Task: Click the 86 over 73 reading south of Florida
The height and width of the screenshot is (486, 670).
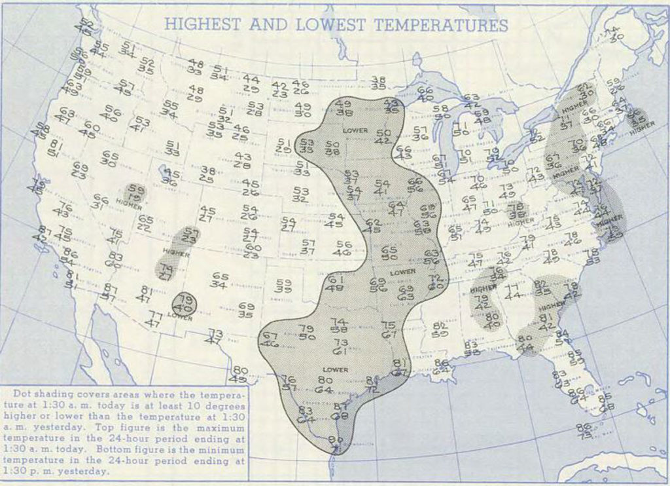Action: [584, 430]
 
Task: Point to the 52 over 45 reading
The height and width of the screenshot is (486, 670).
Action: [84, 27]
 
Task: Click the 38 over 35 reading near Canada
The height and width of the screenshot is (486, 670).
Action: [378, 83]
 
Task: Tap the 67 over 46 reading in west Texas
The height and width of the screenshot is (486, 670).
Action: [270, 339]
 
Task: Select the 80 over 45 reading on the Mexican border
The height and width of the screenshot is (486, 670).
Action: [239, 374]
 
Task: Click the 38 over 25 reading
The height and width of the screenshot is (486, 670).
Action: [207, 174]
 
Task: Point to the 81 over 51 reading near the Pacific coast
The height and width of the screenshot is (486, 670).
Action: [55, 149]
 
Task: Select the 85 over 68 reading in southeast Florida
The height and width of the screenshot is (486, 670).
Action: [606, 401]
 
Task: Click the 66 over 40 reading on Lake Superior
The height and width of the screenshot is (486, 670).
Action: [425, 94]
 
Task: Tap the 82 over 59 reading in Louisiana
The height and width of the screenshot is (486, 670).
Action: [440, 329]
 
